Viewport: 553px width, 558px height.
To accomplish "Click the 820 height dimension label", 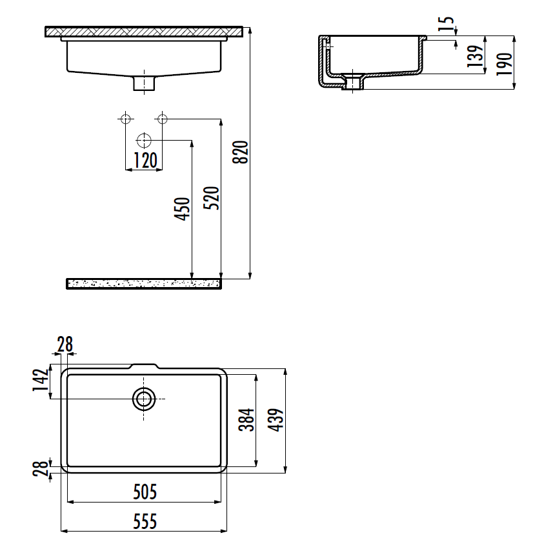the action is pyautogui.click(x=240, y=152).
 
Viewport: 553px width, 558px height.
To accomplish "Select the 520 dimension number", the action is pyautogui.click(x=211, y=197).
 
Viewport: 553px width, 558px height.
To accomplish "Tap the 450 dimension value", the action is pyautogui.click(x=182, y=209).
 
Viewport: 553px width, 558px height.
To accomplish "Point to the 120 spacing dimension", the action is pyautogui.click(x=145, y=161).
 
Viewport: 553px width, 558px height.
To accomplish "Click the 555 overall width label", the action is pyautogui.click(x=145, y=522).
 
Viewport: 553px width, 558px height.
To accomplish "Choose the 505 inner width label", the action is pyautogui.click(x=145, y=492).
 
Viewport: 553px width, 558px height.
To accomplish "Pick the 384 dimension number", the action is pyautogui.click(x=246, y=420).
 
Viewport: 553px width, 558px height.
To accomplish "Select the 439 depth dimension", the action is pyautogui.click(x=276, y=420).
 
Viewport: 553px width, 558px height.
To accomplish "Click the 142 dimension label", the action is pyautogui.click(x=40, y=380).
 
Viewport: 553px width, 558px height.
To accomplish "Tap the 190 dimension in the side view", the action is pyautogui.click(x=504, y=64).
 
